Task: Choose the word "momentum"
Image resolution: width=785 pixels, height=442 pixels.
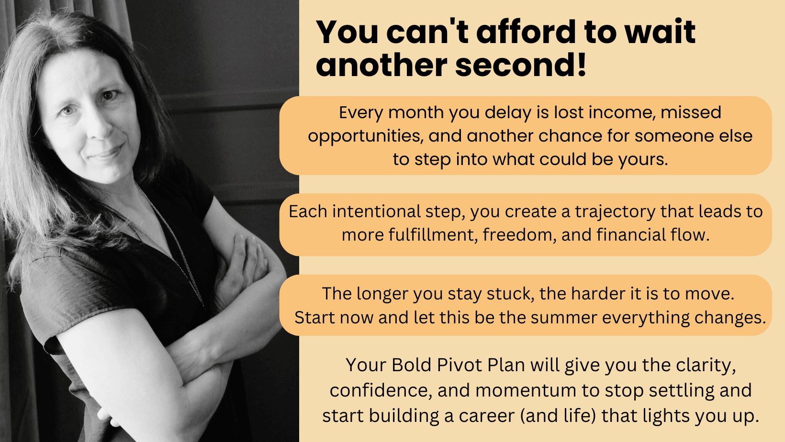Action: coord(526,390)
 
